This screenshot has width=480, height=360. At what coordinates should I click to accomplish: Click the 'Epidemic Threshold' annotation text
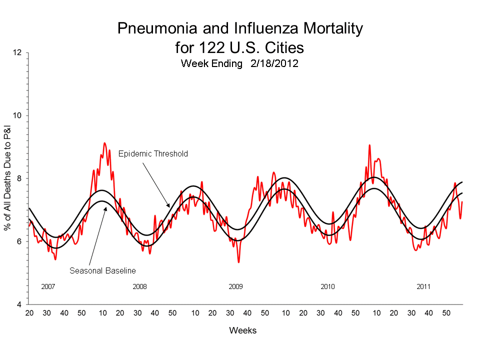153,154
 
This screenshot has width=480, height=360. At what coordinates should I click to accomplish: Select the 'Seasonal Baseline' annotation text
102,270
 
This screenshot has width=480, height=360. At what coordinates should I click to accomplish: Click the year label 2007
48,287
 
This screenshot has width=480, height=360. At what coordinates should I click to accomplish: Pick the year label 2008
139,287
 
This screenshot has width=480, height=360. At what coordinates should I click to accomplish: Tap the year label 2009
235,287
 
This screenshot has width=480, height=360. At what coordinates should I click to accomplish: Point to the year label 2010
327,287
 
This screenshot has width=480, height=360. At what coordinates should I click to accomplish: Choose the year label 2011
423,287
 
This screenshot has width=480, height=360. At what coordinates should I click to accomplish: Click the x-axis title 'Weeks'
242,331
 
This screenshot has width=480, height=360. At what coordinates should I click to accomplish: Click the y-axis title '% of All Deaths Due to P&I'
8,178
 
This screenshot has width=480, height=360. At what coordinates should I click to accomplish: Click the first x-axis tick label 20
29,313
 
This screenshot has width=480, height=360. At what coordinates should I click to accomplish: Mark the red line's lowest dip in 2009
238,262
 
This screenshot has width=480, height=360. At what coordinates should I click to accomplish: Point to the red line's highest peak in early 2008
104,143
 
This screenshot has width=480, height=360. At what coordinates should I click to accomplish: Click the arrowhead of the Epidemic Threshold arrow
168,206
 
